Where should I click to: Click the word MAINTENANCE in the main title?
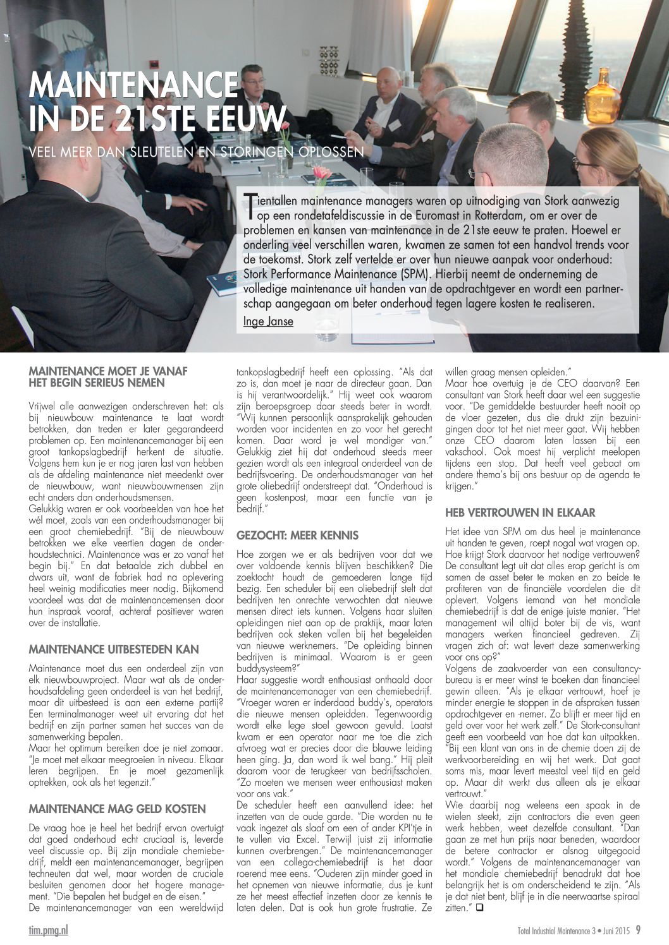tap(133, 85)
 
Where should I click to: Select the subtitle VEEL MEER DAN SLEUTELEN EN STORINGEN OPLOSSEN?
tap(196, 152)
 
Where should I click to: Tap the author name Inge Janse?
tap(268, 322)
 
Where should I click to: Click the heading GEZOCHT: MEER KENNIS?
tap(297, 536)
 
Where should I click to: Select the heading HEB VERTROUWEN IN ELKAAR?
tap(520, 513)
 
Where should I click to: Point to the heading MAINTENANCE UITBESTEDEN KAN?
tap(114, 649)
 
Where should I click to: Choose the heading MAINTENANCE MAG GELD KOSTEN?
tap(117, 809)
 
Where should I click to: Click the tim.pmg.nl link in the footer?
tap(48, 930)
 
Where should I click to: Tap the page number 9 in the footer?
tap(638, 930)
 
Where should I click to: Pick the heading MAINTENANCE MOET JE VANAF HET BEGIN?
tap(108, 376)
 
